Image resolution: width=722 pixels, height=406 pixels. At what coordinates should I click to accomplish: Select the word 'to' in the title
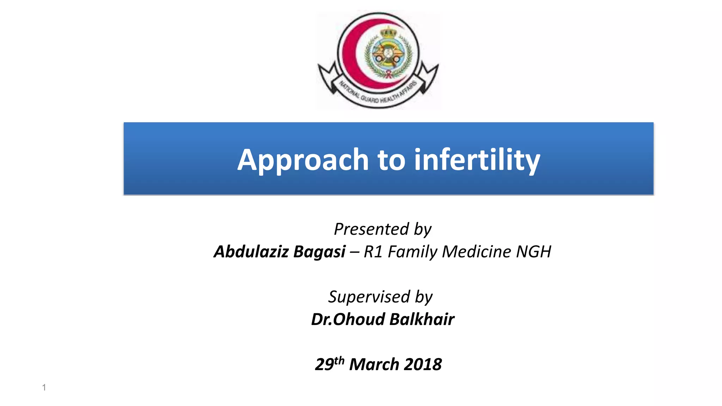(x=391, y=160)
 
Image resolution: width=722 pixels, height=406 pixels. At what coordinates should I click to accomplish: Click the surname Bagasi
(x=319, y=252)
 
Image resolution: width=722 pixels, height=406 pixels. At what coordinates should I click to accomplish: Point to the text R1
(x=373, y=252)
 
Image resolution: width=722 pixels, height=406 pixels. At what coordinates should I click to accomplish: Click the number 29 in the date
(x=324, y=364)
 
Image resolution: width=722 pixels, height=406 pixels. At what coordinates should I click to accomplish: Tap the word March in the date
(x=374, y=364)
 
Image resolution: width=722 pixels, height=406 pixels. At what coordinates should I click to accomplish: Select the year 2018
(x=423, y=364)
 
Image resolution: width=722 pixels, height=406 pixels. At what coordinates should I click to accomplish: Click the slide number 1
(x=44, y=387)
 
